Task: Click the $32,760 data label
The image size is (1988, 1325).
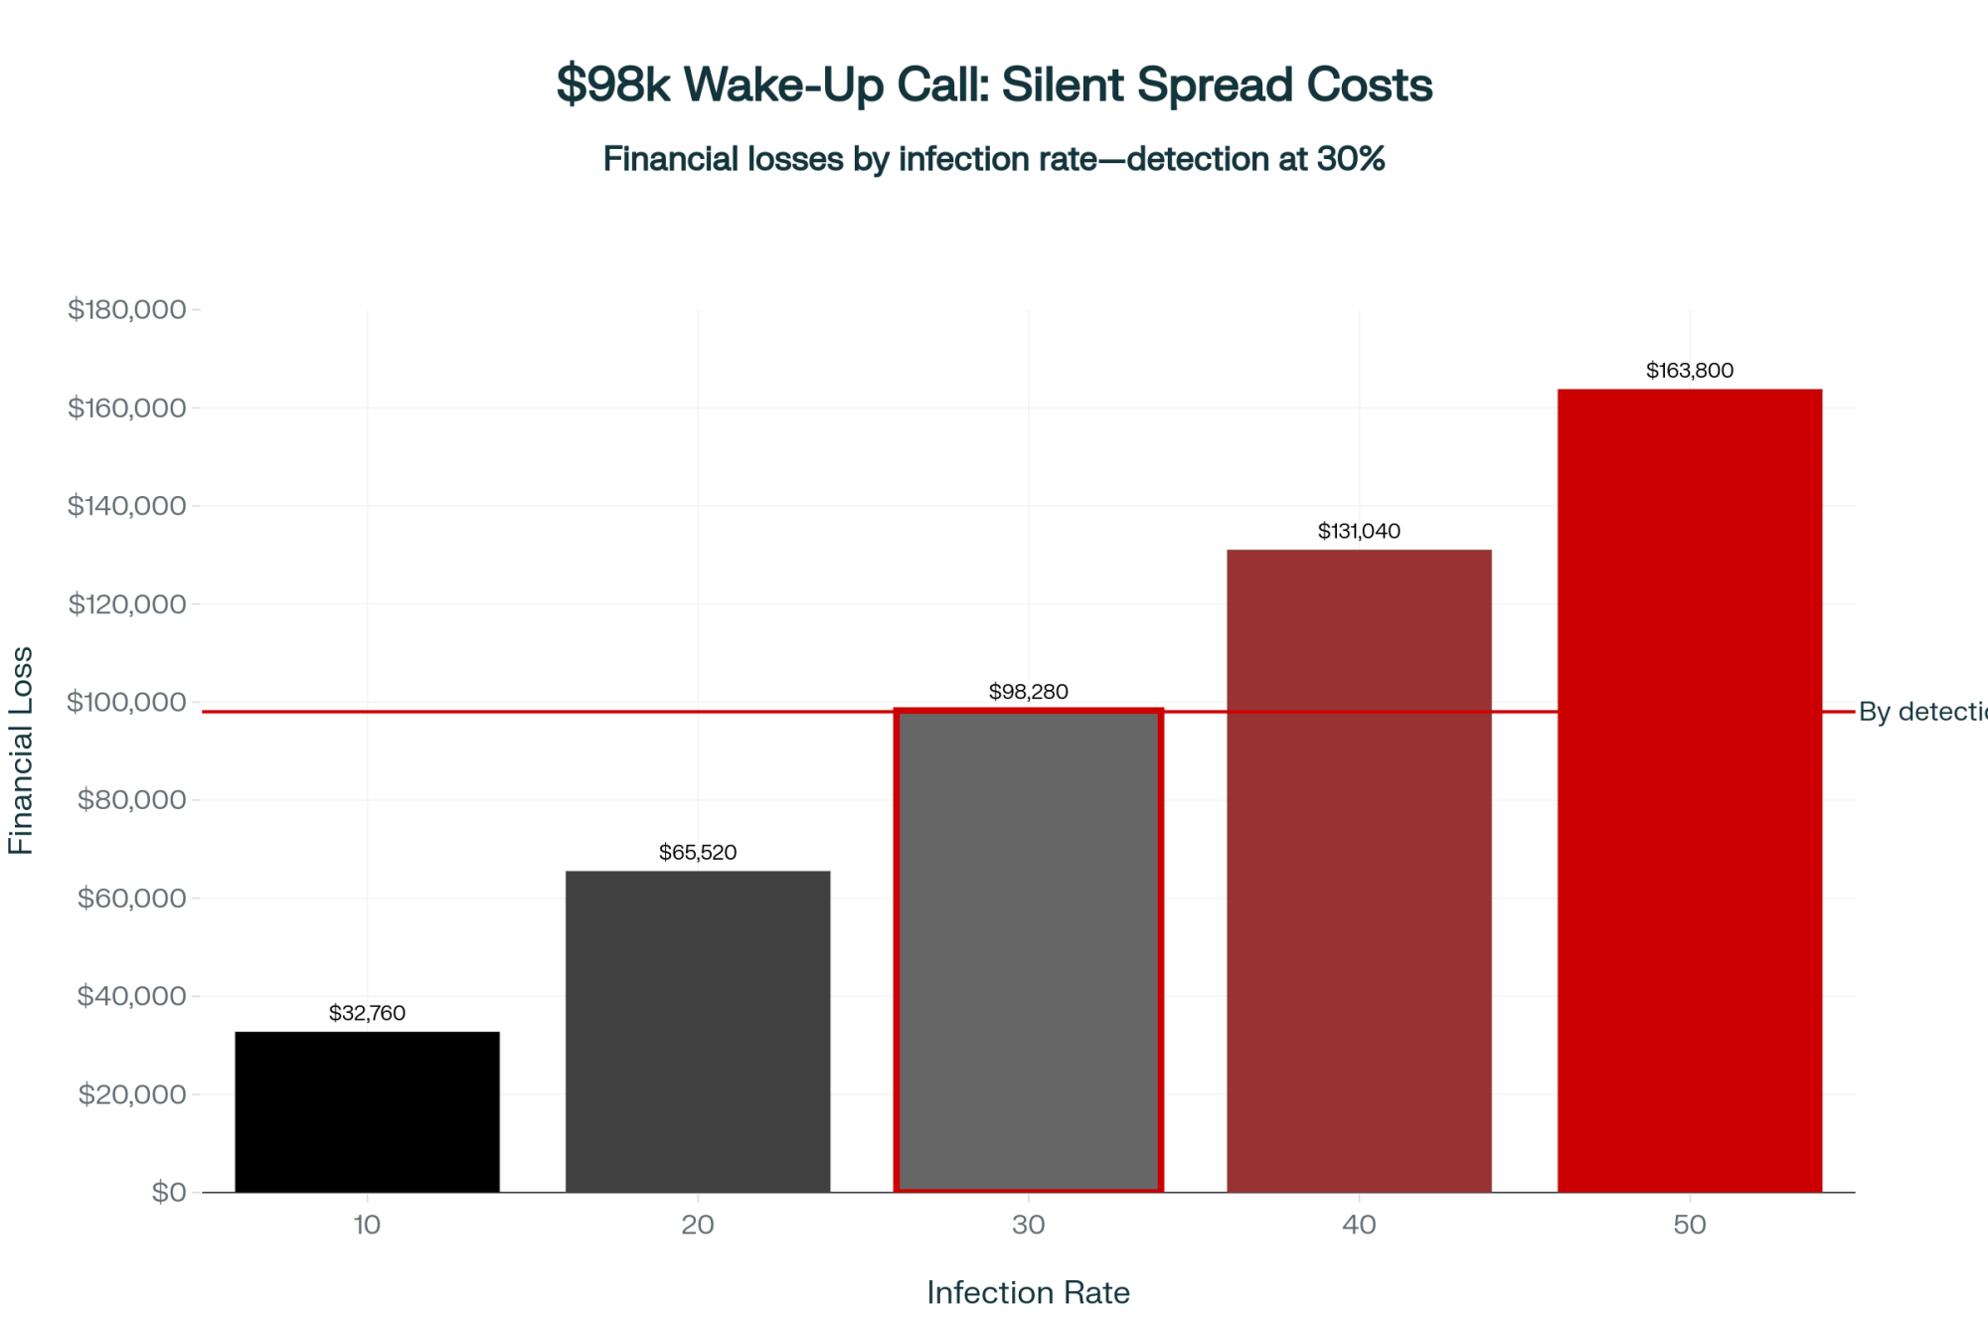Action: pos(367,1013)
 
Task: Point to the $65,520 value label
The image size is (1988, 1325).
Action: pos(698,852)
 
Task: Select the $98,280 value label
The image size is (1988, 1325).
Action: pos(1028,691)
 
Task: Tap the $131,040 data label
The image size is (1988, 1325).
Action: pos(1359,531)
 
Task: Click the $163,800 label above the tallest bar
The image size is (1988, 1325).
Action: pos(1689,370)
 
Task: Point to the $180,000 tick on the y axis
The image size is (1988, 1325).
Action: pos(126,309)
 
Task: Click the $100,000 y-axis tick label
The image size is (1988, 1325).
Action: pos(126,702)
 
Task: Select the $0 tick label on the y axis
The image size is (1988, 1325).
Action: pos(168,1192)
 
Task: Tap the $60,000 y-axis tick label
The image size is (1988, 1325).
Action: pos(131,898)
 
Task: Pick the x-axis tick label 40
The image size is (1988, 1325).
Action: pos(1359,1225)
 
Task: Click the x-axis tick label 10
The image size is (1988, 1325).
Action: pos(367,1225)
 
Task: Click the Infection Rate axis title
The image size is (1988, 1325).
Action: pos(1028,1292)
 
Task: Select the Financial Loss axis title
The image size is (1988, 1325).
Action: pos(21,750)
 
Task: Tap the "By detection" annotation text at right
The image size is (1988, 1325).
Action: pos(1921,712)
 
